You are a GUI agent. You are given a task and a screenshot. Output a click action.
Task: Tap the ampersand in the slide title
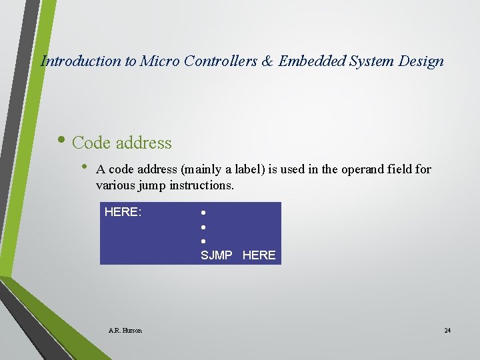[267, 61]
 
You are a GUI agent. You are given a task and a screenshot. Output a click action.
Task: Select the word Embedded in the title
[309, 61]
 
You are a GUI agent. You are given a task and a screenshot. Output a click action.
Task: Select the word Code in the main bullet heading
[91, 143]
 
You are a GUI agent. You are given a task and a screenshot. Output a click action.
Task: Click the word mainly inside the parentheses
[204, 169]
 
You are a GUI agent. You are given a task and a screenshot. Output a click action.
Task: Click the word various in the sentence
[115, 185]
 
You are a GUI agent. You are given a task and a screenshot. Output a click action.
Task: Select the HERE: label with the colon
[123, 213]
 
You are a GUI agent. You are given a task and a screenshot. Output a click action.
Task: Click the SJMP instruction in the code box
[217, 255]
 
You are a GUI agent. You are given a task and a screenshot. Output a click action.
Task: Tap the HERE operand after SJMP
[259, 255]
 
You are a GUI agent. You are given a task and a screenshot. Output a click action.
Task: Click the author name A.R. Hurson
[125, 331]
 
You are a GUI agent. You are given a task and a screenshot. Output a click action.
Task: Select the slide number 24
[447, 331]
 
